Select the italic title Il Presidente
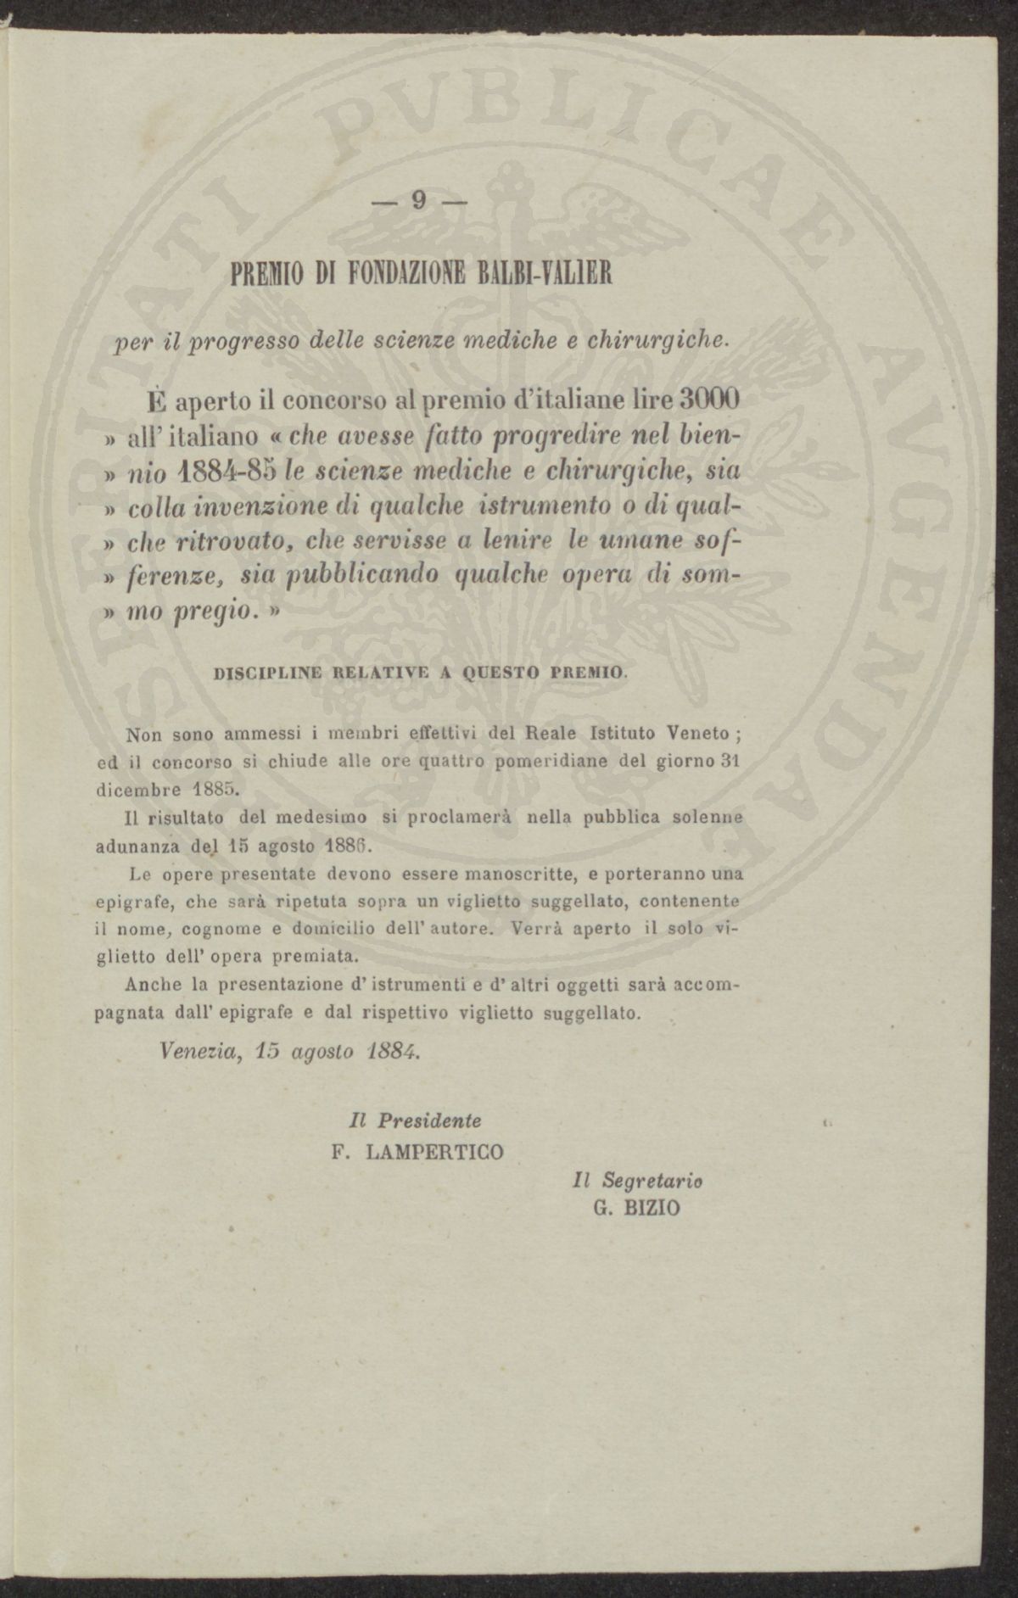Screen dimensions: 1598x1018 coord(416,1120)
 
